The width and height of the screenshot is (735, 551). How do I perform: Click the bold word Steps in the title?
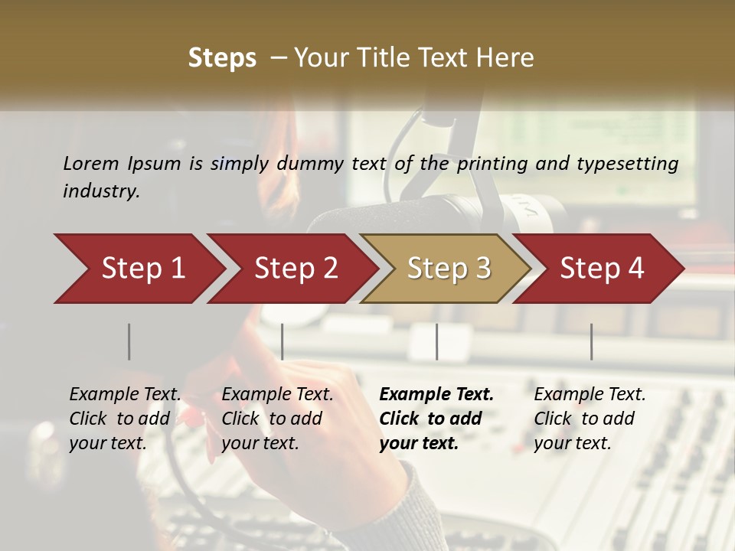(x=222, y=57)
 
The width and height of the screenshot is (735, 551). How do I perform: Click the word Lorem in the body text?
(x=91, y=163)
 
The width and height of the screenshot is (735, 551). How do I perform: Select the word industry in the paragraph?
(x=101, y=191)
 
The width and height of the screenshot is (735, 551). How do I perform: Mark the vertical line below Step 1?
(x=129, y=341)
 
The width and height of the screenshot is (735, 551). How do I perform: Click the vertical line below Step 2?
(x=283, y=341)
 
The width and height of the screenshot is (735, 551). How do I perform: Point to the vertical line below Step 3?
(x=436, y=341)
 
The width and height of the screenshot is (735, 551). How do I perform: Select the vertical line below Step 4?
(x=591, y=341)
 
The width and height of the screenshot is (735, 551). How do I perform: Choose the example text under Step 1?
(x=125, y=419)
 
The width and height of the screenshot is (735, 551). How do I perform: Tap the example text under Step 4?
(x=590, y=419)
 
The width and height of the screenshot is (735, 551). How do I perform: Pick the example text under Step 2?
(x=277, y=419)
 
